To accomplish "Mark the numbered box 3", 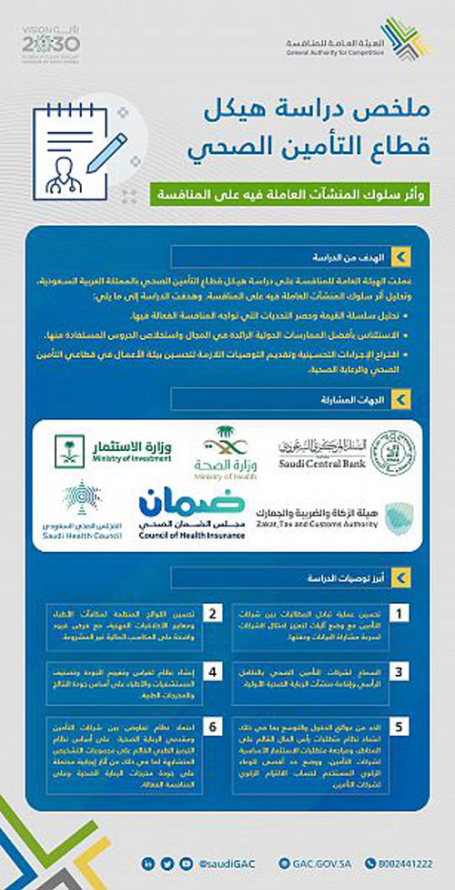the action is pyautogui.click(x=398, y=672).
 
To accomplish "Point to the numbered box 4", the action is pyautogui.click(x=214, y=672).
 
